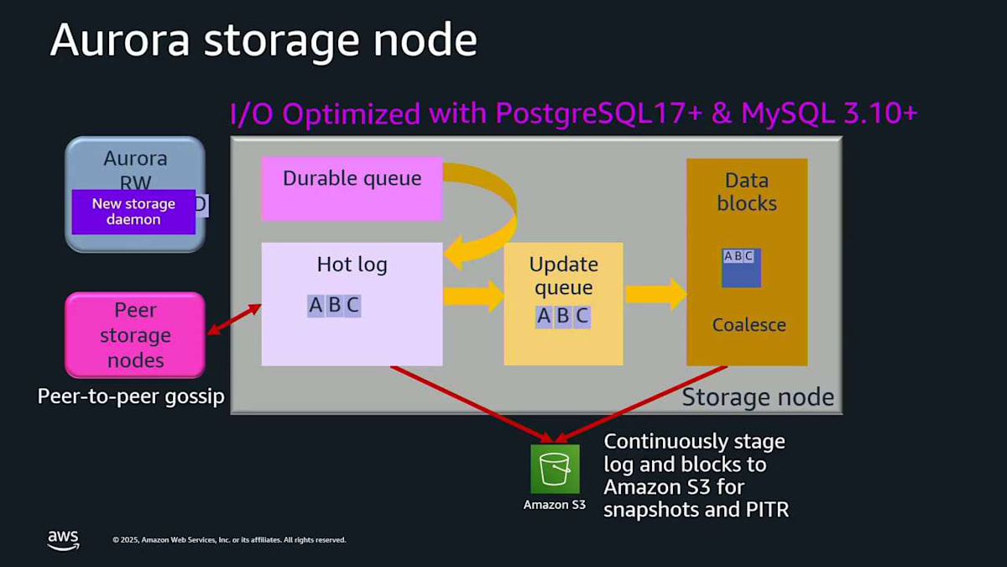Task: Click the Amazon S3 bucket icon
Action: pyautogui.click(x=555, y=469)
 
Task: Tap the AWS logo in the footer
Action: pyautogui.click(x=63, y=539)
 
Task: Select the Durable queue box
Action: pyautogui.click(x=352, y=187)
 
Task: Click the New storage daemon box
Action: pyautogui.click(x=133, y=212)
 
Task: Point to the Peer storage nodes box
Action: pyautogui.click(x=135, y=335)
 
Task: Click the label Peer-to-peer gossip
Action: pyautogui.click(x=131, y=396)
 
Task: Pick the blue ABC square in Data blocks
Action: pyautogui.click(x=741, y=267)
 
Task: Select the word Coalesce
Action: pyautogui.click(x=749, y=325)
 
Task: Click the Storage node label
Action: pyautogui.click(x=757, y=397)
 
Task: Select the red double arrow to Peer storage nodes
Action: pyautogui.click(x=234, y=320)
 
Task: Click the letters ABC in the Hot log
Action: pyautogui.click(x=334, y=305)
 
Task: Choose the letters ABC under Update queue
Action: pyautogui.click(x=563, y=316)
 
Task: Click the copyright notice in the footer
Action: pyautogui.click(x=229, y=540)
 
